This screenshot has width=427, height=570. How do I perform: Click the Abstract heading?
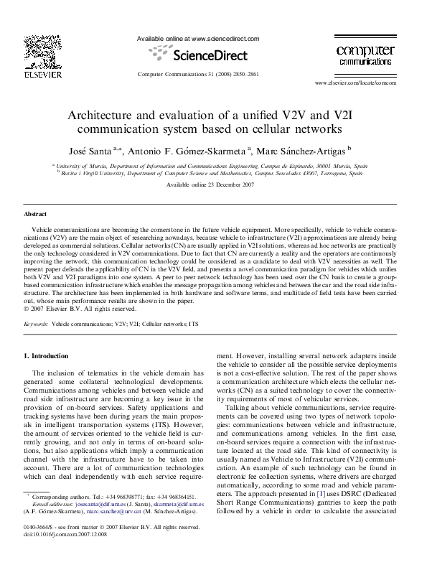coord(35,215)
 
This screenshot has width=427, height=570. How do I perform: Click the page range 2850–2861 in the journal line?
coord(241,75)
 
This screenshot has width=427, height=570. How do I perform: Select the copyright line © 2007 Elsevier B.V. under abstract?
coord(79,309)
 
